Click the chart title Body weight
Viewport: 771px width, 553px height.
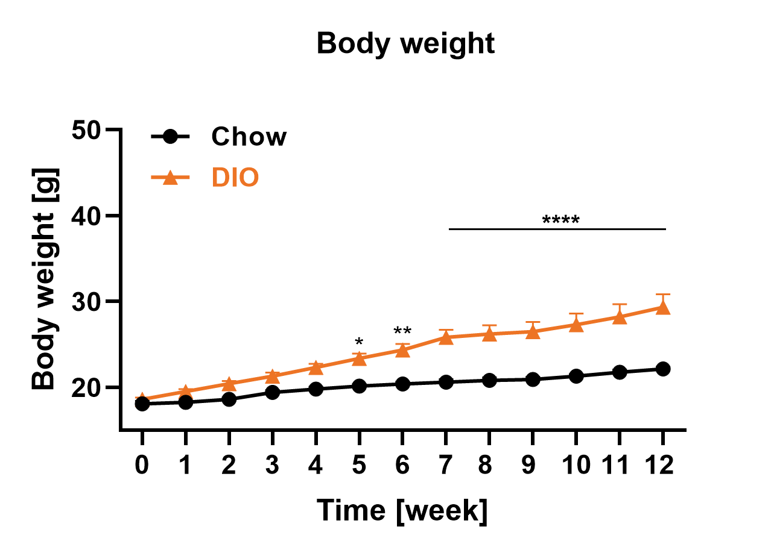[x=405, y=44]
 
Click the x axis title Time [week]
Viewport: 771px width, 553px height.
[x=402, y=511]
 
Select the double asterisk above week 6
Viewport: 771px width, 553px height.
[x=402, y=332]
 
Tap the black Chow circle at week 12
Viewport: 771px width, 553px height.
[x=663, y=369]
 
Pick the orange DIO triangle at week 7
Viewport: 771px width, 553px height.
[x=446, y=337]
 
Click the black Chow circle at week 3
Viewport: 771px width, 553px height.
[x=272, y=393]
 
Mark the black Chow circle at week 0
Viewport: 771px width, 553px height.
[x=142, y=404]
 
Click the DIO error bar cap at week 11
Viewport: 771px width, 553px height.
[x=620, y=305]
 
